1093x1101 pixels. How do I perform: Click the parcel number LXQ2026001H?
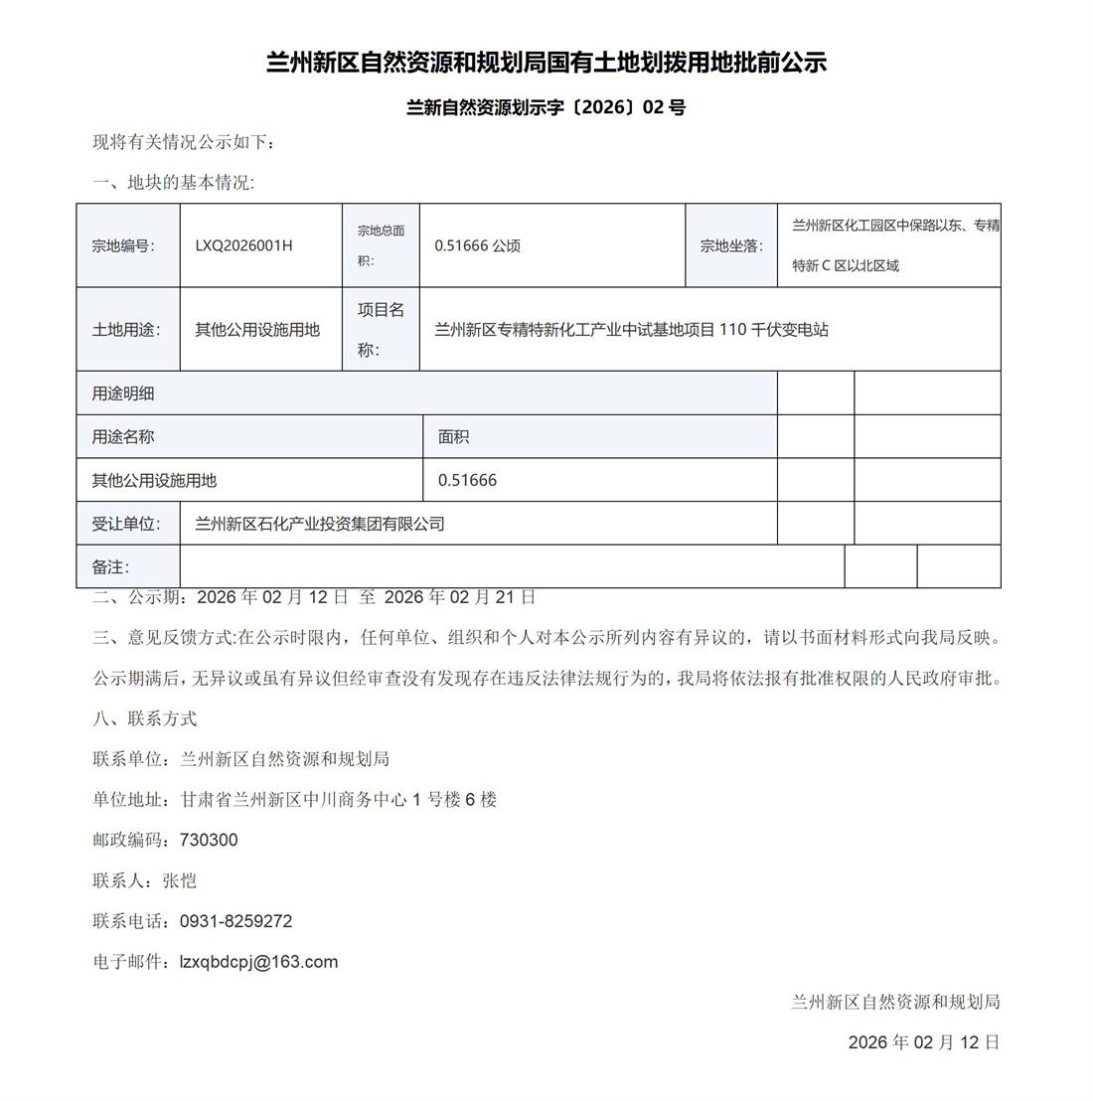coord(243,245)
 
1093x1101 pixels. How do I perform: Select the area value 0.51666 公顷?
coord(477,245)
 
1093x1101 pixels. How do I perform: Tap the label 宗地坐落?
coord(731,245)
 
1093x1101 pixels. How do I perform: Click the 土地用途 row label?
coord(126,330)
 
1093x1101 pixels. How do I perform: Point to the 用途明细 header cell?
coord(123,393)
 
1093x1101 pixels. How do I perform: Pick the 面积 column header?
coord(453,436)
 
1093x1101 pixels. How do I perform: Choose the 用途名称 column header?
coord(123,436)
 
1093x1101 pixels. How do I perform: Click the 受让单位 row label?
coord(126,524)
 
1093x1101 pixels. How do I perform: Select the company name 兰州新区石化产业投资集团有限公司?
coord(319,524)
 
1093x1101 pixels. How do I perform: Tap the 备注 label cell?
coord(110,566)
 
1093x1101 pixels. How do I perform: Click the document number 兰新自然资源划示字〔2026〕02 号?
coord(546,107)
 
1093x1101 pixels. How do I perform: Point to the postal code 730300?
coord(209,840)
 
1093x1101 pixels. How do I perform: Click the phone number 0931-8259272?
coord(235,921)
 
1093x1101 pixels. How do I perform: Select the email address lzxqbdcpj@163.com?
coord(258,962)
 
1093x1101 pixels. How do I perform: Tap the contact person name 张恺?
coord(180,880)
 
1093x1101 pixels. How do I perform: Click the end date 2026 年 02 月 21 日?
coord(460,597)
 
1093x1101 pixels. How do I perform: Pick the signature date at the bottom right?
coord(923,1042)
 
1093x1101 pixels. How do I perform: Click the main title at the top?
coord(546,63)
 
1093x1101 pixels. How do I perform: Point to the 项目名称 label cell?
coord(381,330)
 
